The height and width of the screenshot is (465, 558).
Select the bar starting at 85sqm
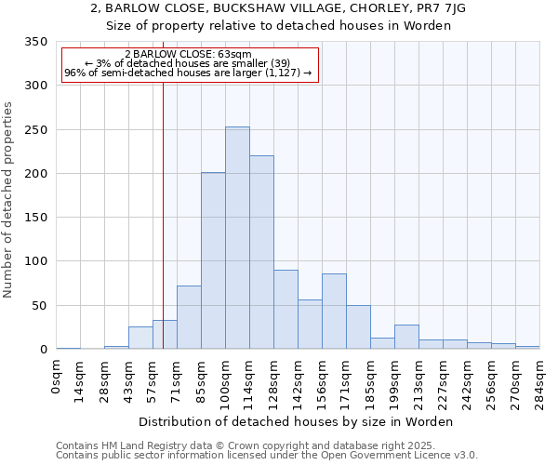pos(213,261)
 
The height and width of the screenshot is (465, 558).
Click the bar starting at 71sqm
pos(189,317)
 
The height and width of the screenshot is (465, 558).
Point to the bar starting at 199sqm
pos(406,337)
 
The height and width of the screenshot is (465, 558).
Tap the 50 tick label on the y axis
pos(39,306)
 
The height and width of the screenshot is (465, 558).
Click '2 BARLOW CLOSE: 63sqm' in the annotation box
pos(188,55)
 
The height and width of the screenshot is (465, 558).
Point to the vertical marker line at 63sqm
pos(163,232)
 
